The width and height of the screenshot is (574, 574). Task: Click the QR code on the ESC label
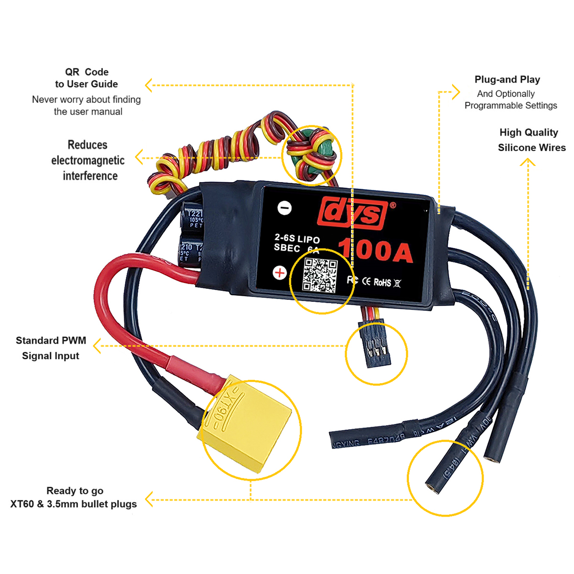[x=320, y=276]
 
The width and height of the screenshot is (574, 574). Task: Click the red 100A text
[x=375, y=250]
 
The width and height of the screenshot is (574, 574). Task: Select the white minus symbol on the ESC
[x=285, y=208]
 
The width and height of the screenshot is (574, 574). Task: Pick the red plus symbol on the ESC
[x=279, y=273]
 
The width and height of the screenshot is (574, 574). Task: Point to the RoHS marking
[x=382, y=283]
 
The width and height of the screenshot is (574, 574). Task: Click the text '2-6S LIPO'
[x=297, y=238]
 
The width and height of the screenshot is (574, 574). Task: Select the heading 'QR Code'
[x=87, y=72]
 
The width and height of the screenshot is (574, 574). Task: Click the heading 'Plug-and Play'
[x=507, y=79]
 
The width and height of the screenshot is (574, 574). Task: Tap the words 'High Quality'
[x=529, y=132]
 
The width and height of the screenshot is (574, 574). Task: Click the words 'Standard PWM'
[x=51, y=341]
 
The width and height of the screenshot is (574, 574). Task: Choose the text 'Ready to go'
[x=75, y=491]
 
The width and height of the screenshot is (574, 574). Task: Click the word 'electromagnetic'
[x=88, y=160]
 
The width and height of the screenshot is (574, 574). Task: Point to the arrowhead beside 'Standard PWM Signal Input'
[x=97, y=346]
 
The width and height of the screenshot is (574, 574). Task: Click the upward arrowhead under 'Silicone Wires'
[x=528, y=162]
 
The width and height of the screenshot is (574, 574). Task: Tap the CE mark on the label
[x=366, y=281]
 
